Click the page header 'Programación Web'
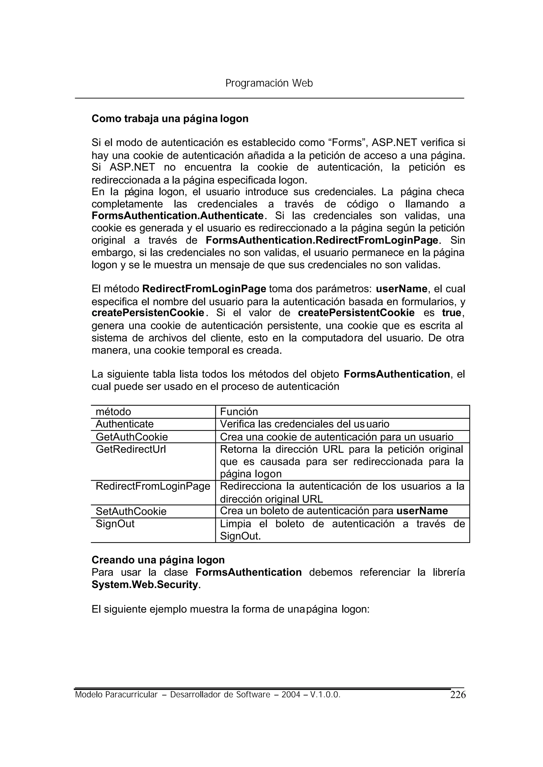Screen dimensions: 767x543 tap(269, 83)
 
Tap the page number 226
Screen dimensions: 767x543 tap(458, 695)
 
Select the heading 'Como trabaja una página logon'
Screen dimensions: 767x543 tap(170, 119)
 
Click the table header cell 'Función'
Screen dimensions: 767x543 tap(239, 411)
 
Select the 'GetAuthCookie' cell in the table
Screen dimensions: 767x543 tap(132, 437)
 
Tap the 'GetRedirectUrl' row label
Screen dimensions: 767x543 tap(130, 449)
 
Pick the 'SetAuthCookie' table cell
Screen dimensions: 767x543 tap(131, 511)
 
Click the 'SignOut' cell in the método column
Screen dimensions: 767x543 tap(115, 524)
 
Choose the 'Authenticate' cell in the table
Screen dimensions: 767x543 tap(124, 424)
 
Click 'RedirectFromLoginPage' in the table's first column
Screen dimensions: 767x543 tap(153, 486)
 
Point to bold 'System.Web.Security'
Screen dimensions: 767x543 tap(145, 585)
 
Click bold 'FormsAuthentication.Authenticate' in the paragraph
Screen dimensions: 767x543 tap(178, 216)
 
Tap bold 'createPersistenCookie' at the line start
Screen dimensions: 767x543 tap(148, 313)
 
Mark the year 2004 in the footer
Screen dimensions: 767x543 tap(291, 695)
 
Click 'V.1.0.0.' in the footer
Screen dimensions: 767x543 tap(325, 695)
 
